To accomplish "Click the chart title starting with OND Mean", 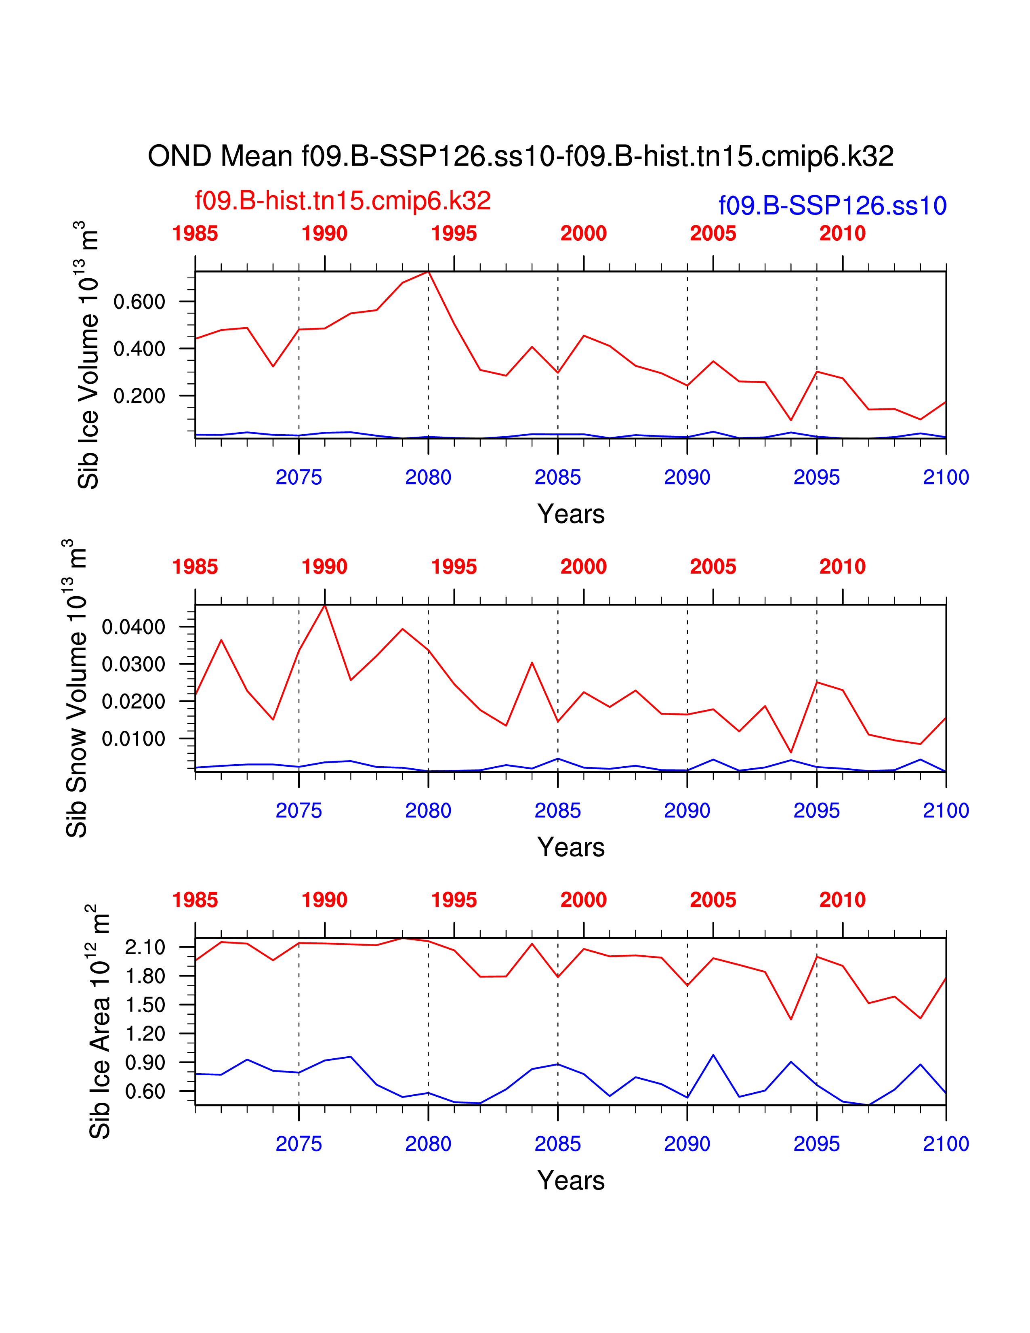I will click(521, 156).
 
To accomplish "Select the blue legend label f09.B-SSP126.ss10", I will click(832, 206).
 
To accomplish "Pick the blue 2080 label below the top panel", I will click(428, 477).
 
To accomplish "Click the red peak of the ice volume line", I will click(428, 271).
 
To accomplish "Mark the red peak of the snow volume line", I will click(325, 605).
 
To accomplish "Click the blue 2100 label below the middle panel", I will click(946, 811).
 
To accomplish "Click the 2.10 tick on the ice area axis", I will click(145, 947).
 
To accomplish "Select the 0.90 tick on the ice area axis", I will click(145, 1063).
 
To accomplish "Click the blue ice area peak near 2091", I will click(713, 1055).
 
